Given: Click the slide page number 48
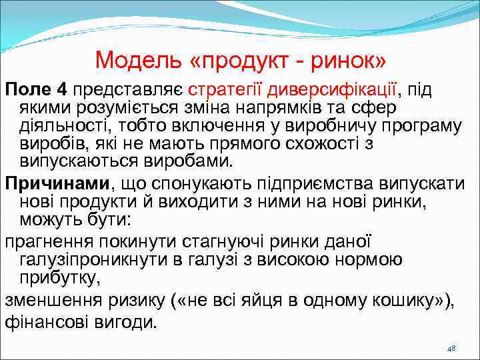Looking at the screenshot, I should coord(451,349).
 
